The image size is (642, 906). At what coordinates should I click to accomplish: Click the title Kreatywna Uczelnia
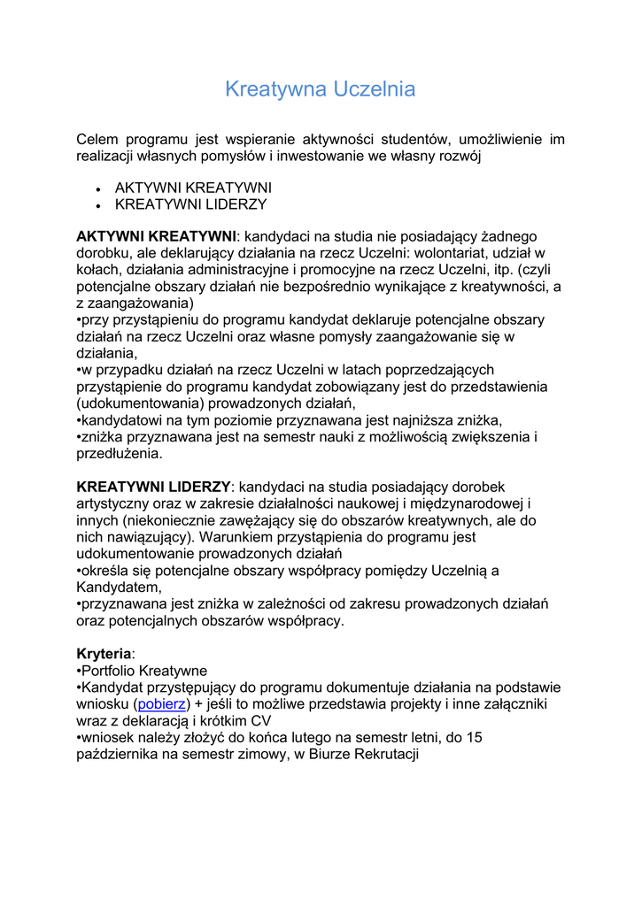320,89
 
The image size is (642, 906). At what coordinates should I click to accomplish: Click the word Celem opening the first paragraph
97,140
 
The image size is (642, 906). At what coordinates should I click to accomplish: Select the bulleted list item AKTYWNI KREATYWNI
193,188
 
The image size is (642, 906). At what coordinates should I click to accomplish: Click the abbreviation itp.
501,271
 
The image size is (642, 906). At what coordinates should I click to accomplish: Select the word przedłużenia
120,454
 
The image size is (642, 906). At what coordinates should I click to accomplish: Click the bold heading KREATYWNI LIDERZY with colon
154,488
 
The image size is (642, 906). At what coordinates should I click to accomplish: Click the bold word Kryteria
104,654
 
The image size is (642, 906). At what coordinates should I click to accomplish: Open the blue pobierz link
162,704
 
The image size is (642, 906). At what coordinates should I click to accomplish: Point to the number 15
473,738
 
